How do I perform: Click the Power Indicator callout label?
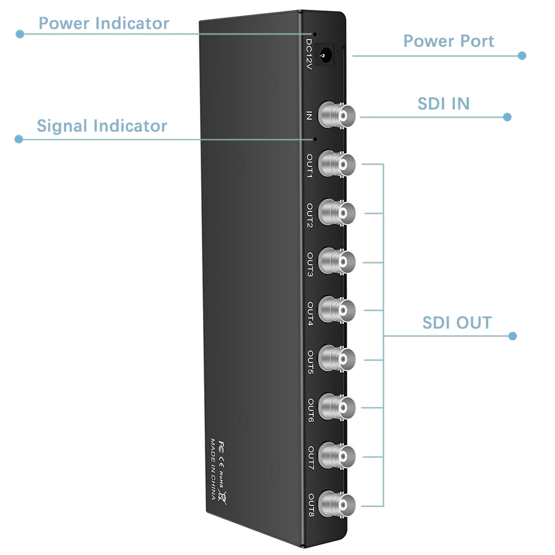pyautogui.click(x=103, y=24)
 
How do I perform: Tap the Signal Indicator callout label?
pyautogui.click(x=102, y=126)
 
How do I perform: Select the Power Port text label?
pyautogui.click(x=449, y=42)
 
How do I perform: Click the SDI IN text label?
pyautogui.click(x=443, y=103)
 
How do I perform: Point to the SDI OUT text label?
pyautogui.click(x=457, y=323)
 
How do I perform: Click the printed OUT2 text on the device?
pyautogui.click(x=310, y=214)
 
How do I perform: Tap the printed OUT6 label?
pyautogui.click(x=310, y=410)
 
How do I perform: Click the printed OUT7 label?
pyautogui.click(x=310, y=458)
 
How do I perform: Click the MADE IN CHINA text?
pyautogui.click(x=213, y=471)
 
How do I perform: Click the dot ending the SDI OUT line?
pyautogui.click(x=512, y=336)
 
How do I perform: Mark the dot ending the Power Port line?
pyautogui.click(x=522, y=55)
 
